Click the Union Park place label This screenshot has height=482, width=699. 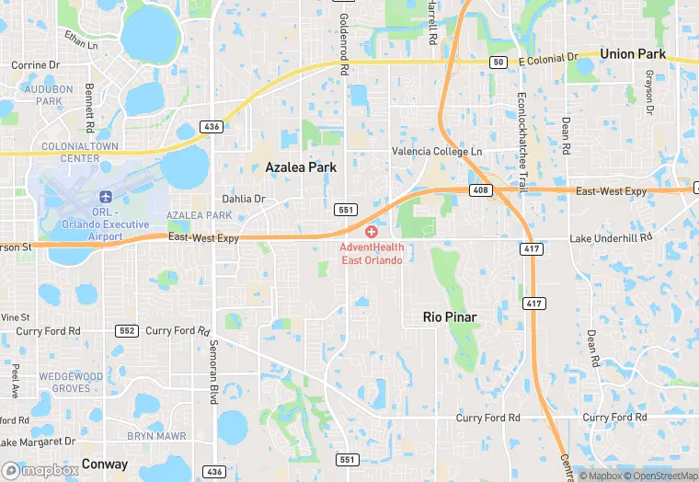click(x=632, y=54)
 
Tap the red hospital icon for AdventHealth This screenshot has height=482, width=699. click(x=372, y=233)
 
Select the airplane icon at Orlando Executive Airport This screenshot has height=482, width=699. click(x=105, y=198)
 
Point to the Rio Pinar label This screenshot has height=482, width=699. click(x=450, y=316)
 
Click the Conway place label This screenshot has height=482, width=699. click(x=104, y=464)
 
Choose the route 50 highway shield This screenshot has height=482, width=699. click(x=498, y=62)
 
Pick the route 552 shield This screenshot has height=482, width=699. click(x=127, y=330)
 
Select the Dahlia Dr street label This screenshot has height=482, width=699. click(x=244, y=199)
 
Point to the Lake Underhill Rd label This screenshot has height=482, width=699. click(x=610, y=237)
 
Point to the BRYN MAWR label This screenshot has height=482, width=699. click(x=156, y=435)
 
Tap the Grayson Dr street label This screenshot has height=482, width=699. click(x=648, y=94)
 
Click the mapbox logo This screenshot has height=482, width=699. click(x=40, y=470)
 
